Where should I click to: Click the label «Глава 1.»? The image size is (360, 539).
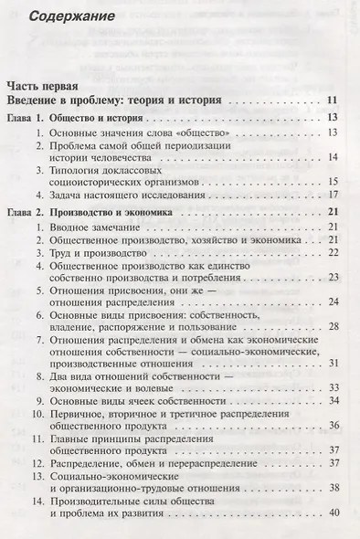25,118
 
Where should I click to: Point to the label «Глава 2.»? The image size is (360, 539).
25,211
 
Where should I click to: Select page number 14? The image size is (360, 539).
334,157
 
